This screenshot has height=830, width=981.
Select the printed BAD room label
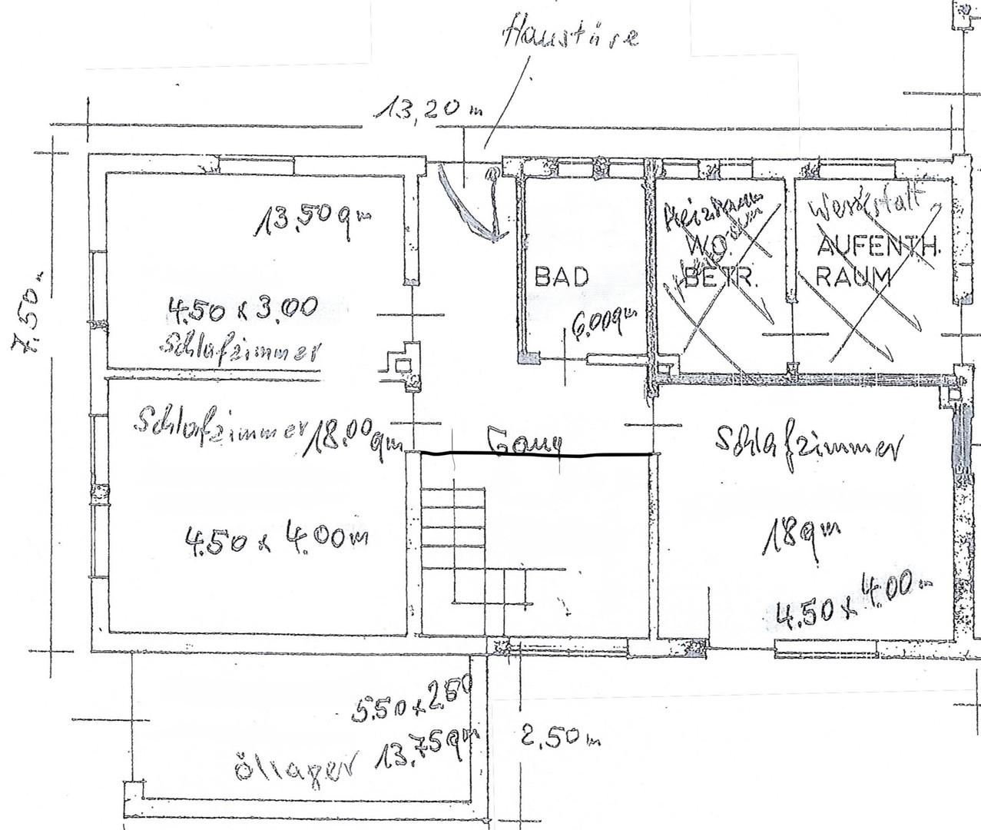(562, 277)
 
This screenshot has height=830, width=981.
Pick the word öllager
(296, 765)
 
